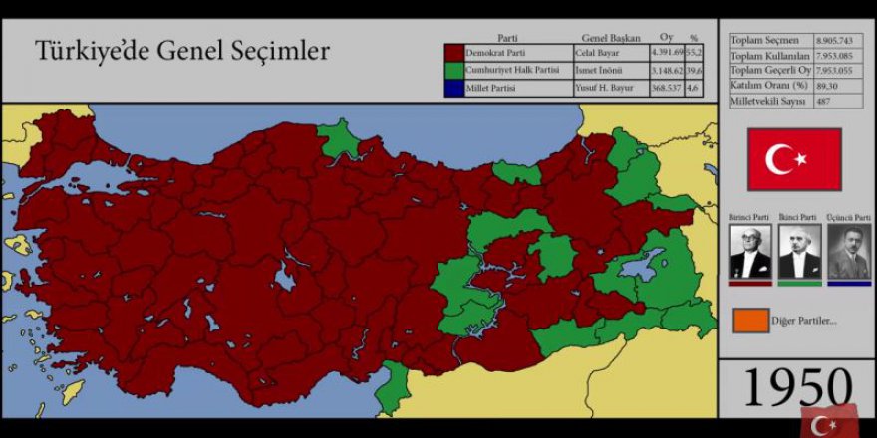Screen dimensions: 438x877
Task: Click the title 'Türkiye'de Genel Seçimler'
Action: (x=182, y=51)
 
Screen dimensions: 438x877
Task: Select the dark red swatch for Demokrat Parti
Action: (x=453, y=53)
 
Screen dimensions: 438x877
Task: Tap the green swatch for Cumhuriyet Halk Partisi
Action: (x=453, y=71)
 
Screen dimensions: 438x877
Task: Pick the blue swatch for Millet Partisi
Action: (x=453, y=89)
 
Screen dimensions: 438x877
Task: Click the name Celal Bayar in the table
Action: (x=600, y=53)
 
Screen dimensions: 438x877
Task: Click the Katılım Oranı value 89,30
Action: (x=829, y=85)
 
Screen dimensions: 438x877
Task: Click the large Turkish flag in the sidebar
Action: (x=794, y=159)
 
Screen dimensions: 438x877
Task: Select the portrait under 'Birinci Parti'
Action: (x=749, y=251)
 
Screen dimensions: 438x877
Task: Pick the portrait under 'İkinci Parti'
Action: (x=799, y=251)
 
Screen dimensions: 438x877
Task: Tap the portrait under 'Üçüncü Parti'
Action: (x=849, y=251)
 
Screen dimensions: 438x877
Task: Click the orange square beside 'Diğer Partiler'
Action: (x=750, y=321)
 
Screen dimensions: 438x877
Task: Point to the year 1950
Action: (x=797, y=389)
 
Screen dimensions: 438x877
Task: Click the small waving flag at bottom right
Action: (x=828, y=420)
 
